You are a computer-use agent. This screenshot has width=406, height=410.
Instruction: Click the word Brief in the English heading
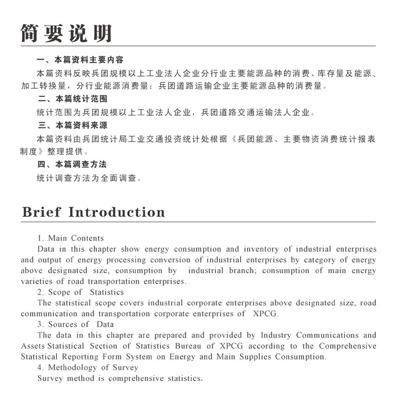click(x=41, y=212)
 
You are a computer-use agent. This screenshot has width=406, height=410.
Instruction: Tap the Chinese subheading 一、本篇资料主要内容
click(x=80, y=60)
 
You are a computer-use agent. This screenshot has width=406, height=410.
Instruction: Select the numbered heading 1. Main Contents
click(x=71, y=238)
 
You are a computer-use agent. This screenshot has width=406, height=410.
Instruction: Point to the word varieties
click(x=37, y=282)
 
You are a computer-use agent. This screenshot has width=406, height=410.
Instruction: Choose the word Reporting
click(x=88, y=357)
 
